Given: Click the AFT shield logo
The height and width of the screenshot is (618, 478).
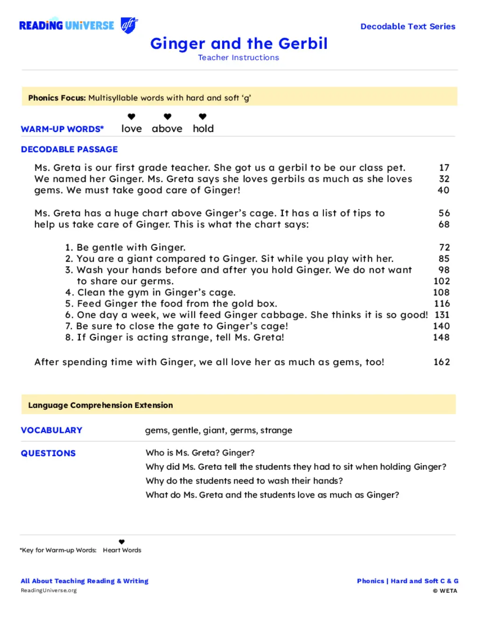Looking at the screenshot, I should (129, 25).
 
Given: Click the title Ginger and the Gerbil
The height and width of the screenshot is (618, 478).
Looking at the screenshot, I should (239, 43).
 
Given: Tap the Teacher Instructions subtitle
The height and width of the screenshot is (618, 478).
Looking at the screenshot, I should (239, 57).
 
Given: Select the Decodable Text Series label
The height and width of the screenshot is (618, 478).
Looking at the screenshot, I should (408, 27).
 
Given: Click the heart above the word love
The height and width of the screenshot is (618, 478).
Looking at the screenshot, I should (132, 117).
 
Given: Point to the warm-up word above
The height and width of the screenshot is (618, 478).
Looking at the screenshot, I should (167, 129).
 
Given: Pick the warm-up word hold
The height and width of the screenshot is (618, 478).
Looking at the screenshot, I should (203, 129).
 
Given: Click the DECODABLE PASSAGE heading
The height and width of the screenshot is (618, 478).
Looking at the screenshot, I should (69, 149).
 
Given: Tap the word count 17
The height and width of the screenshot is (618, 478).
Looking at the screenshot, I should (444, 167).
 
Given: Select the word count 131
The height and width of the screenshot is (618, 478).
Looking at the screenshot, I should (442, 315).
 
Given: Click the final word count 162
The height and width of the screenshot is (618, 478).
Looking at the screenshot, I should (442, 362).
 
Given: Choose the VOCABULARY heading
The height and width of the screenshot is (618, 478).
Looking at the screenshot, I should (51, 430).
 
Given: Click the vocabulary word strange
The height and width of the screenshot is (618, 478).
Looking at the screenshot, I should (276, 430).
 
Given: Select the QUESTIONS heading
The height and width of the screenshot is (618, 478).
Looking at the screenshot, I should (48, 453).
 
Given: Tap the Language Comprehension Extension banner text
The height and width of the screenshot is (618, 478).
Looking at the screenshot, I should (100, 405).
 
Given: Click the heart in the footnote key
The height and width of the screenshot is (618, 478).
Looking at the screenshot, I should (122, 542).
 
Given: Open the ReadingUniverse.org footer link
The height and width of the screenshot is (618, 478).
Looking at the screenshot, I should (49, 590).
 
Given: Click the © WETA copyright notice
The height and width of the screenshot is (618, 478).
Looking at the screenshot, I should (445, 590).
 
